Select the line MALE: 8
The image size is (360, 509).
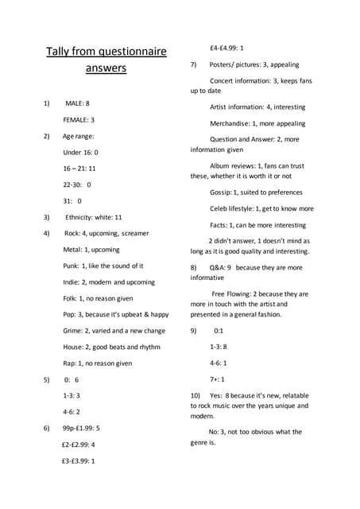[x=77, y=103]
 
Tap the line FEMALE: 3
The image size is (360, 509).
[x=79, y=120]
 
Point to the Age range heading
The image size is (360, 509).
[x=79, y=136]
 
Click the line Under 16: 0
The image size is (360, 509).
[x=80, y=152]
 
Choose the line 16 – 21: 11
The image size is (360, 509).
[x=79, y=169]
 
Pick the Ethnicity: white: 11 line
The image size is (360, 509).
[x=94, y=217]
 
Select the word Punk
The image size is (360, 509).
[x=72, y=266]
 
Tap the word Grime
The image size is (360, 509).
[x=73, y=331]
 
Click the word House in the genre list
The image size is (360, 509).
[x=73, y=347]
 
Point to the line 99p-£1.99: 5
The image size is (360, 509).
[x=81, y=428]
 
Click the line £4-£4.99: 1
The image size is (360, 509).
[x=226, y=48]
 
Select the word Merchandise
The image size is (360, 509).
[x=232, y=123]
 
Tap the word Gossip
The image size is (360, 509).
[x=222, y=192]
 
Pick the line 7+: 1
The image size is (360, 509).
[x=217, y=379]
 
